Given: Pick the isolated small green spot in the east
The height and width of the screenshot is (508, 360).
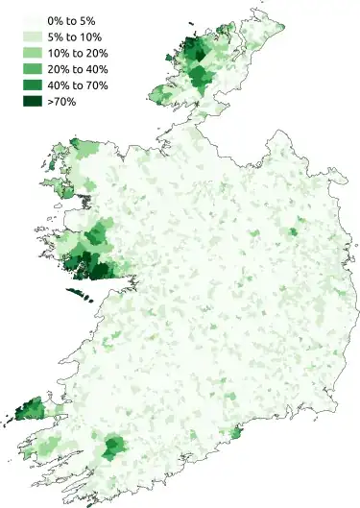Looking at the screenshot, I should pyautogui.click(x=294, y=230).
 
